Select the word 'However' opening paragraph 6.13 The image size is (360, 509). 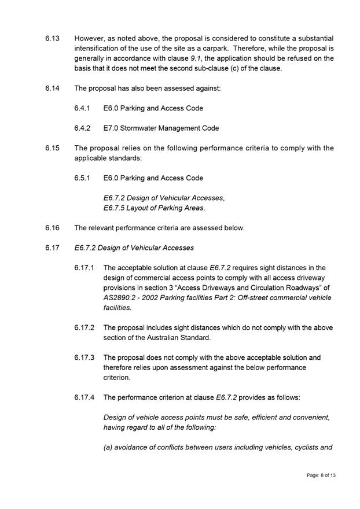90,38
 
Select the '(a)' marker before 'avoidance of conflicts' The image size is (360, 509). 108,447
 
